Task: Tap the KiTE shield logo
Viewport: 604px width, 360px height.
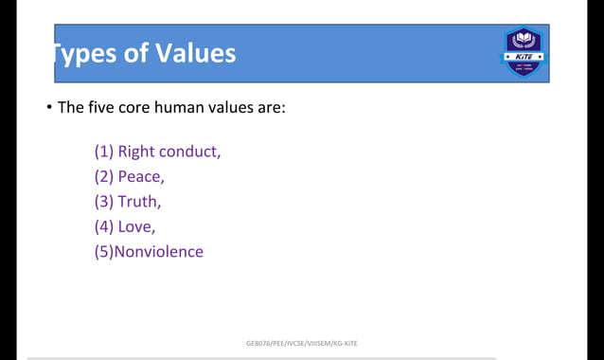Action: click(x=524, y=52)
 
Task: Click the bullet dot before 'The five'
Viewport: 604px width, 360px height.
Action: click(x=48, y=108)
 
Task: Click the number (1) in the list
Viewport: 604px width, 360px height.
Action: click(x=103, y=152)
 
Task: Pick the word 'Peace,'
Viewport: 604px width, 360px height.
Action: click(x=141, y=176)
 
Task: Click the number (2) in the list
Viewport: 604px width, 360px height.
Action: click(x=103, y=176)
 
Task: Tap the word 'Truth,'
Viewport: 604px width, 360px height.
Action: click(x=139, y=201)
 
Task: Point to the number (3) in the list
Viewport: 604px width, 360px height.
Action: click(x=103, y=201)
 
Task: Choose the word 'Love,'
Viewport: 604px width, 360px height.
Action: click(x=136, y=226)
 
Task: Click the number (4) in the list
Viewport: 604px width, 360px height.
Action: click(x=103, y=226)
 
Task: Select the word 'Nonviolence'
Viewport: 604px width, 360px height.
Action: click(x=158, y=251)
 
